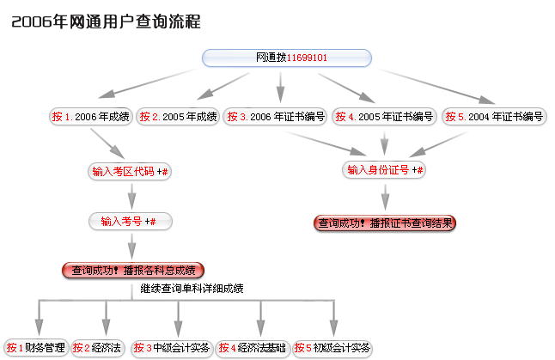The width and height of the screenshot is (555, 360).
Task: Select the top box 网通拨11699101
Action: [287, 58]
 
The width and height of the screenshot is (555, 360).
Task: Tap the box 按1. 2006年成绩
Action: [90, 117]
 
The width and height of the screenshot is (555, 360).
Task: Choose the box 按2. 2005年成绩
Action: [178, 117]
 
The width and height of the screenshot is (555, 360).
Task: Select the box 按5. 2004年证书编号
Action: [495, 117]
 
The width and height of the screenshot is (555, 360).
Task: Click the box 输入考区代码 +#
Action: [130, 171]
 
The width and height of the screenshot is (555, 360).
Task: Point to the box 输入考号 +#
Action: [130, 222]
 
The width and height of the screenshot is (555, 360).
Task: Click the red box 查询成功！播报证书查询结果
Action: [385, 223]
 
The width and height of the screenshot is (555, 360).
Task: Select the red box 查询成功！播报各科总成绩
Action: [132, 270]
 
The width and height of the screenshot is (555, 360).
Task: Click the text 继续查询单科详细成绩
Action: [192, 289]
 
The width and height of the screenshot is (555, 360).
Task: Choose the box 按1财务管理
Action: [35, 348]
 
